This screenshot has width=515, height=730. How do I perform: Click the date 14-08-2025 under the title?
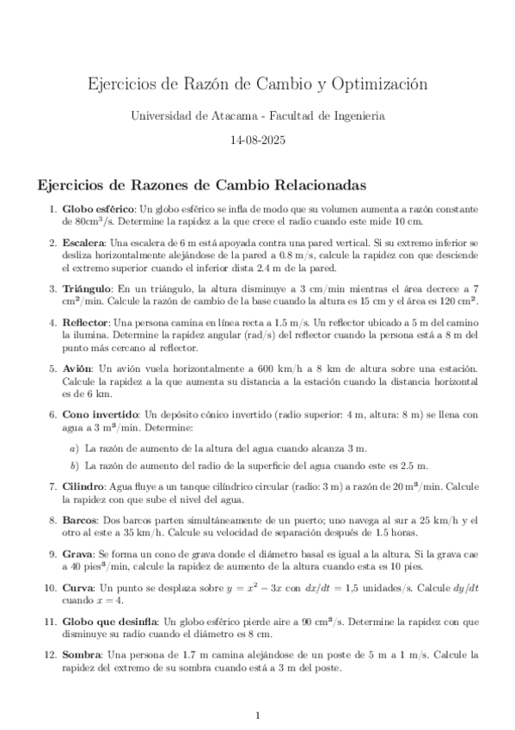tap(258, 139)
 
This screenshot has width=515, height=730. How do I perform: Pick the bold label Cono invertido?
tap(98, 414)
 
